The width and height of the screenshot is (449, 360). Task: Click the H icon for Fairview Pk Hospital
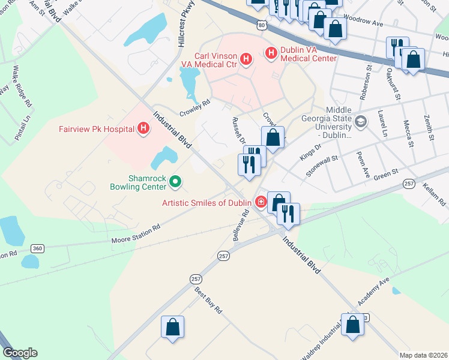pos(143,128)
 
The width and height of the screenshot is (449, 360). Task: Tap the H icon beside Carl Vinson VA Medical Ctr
pos(246,58)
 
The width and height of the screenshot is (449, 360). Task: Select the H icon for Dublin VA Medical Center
pos(270,53)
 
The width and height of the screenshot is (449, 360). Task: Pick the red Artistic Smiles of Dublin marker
pos(261,202)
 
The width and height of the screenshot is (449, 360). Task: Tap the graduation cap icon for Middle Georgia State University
pos(360,122)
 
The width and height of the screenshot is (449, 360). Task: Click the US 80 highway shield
pos(260,25)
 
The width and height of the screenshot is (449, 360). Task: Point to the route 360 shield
pos(37,248)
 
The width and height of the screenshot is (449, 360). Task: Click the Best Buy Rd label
pos(208,301)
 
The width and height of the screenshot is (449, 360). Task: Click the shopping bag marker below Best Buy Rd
pos(172,328)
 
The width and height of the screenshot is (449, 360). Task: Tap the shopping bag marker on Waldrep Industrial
pos(352,325)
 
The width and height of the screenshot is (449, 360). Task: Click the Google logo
pos(20,353)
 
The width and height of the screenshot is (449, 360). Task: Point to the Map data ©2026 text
pos(423,355)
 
